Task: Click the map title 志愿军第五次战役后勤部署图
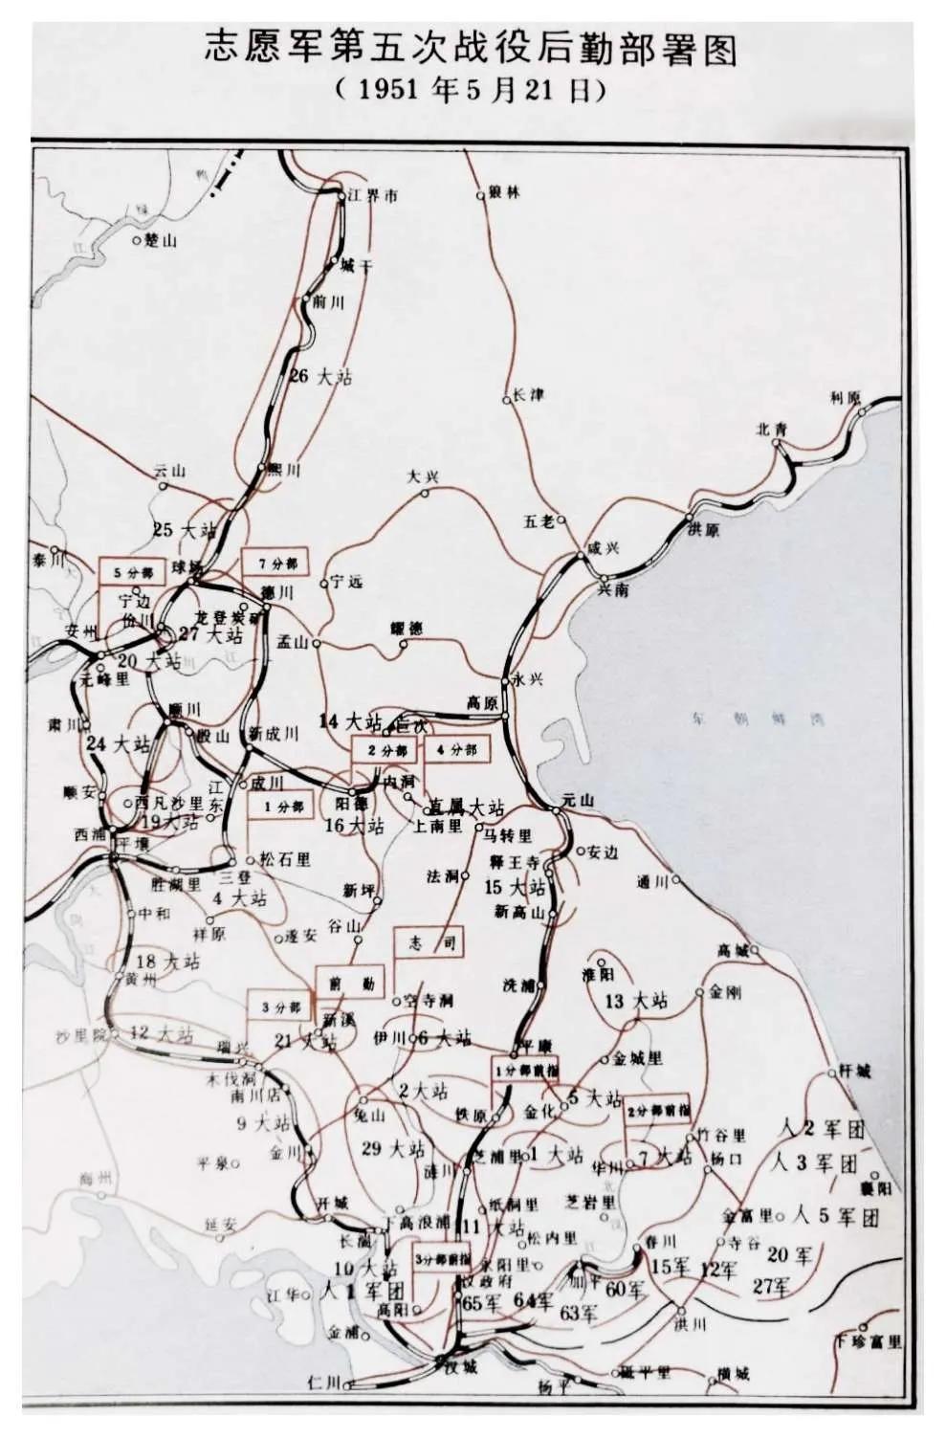click(473, 51)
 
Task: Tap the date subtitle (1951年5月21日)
click(473, 92)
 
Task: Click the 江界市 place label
click(372, 197)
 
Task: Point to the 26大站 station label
click(320, 376)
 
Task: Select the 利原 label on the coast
click(846, 397)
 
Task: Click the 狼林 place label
click(503, 192)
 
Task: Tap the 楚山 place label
click(160, 240)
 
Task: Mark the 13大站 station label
click(636, 1001)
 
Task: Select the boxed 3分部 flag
click(279, 1007)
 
